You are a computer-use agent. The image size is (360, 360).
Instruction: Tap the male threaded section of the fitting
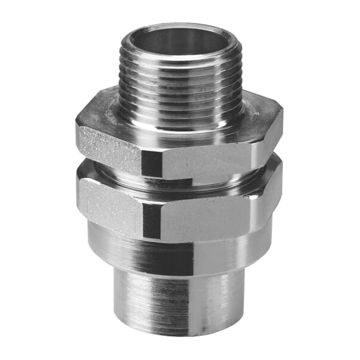click(180, 78)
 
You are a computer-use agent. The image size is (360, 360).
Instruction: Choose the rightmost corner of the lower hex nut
click(282, 180)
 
